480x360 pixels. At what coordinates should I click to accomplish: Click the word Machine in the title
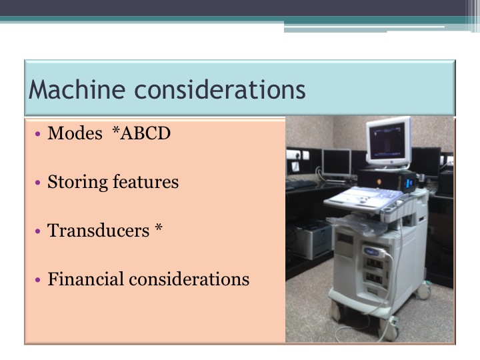tap(77, 89)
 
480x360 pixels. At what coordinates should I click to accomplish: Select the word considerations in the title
tap(220, 89)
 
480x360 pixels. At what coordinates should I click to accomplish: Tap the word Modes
tap(75, 133)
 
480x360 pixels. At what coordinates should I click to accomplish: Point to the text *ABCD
tap(141, 133)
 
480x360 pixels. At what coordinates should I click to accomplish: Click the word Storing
tap(77, 182)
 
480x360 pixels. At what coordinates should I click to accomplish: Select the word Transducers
tap(98, 231)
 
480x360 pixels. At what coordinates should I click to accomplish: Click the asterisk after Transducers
tap(158, 228)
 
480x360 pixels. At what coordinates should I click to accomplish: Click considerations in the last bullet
tap(189, 279)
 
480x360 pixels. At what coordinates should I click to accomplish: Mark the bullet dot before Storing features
tap(37, 183)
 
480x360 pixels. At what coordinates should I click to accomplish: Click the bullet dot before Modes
tap(37, 134)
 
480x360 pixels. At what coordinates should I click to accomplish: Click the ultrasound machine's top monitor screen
tap(387, 141)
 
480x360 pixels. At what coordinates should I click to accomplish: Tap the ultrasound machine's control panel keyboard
tap(363, 197)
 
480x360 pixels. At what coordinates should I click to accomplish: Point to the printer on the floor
tap(312, 240)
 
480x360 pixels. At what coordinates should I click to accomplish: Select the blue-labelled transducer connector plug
tap(374, 251)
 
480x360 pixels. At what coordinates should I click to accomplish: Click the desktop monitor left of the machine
tap(337, 163)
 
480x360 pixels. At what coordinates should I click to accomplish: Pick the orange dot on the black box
tap(379, 182)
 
